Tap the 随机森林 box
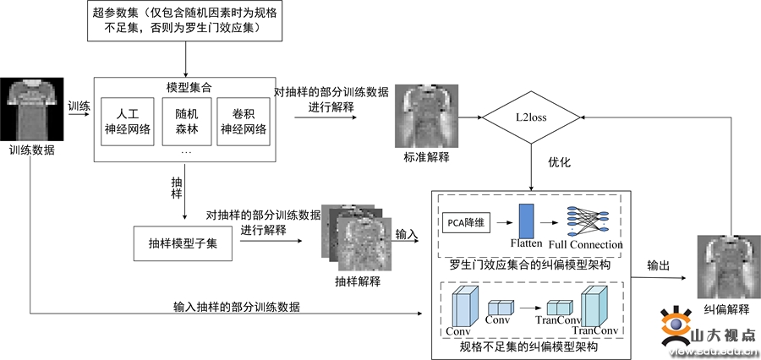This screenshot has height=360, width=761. tap(185, 121)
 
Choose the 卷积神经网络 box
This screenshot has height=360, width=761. tap(243, 121)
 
